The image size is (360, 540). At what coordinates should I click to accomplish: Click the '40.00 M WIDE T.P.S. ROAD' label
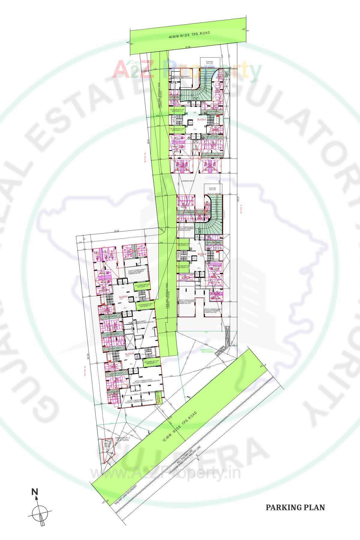[189, 35]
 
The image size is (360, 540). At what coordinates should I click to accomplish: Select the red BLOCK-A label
[202, 119]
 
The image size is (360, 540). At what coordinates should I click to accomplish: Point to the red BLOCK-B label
[202, 254]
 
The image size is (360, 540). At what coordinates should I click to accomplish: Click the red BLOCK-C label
[123, 297]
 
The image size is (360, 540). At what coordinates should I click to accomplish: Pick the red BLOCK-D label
[129, 354]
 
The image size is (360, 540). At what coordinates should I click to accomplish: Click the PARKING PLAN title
[295, 507]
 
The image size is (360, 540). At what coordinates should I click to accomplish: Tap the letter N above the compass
[35, 492]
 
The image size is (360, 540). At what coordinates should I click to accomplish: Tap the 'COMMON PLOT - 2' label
[122, 439]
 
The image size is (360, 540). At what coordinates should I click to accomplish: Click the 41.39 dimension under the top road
[188, 47]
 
